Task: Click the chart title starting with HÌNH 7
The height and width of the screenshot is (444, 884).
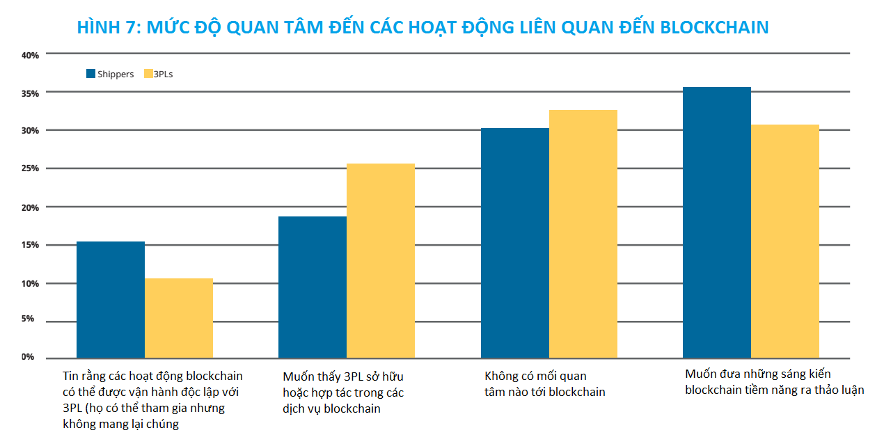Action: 423,27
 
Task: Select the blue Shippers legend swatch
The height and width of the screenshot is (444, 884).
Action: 90,74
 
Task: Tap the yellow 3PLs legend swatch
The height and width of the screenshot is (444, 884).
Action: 148,74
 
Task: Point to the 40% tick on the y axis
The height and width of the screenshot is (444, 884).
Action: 29,54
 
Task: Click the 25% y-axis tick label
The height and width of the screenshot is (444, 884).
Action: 29,168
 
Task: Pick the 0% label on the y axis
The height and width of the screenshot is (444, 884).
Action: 28,357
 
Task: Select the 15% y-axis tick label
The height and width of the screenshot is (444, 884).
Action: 29,245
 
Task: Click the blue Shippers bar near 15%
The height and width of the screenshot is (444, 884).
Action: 111,300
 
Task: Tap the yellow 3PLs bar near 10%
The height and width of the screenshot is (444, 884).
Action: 179,318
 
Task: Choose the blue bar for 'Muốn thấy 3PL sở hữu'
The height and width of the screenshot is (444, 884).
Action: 313,287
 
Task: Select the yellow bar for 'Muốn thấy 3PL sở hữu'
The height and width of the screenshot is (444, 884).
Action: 381,261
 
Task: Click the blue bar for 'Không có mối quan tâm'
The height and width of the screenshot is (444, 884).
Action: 515,243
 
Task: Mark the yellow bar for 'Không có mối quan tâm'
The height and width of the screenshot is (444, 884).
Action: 583,234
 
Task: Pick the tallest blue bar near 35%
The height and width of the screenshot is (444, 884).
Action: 717,223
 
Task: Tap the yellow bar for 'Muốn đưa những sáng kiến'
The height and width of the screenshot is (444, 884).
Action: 785,241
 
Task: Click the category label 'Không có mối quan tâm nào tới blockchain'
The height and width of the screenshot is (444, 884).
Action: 545,384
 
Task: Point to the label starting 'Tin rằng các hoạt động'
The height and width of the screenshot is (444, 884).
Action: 152,400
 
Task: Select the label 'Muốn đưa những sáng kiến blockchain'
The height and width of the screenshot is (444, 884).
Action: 774,382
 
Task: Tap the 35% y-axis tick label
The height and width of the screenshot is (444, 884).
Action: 29,93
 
